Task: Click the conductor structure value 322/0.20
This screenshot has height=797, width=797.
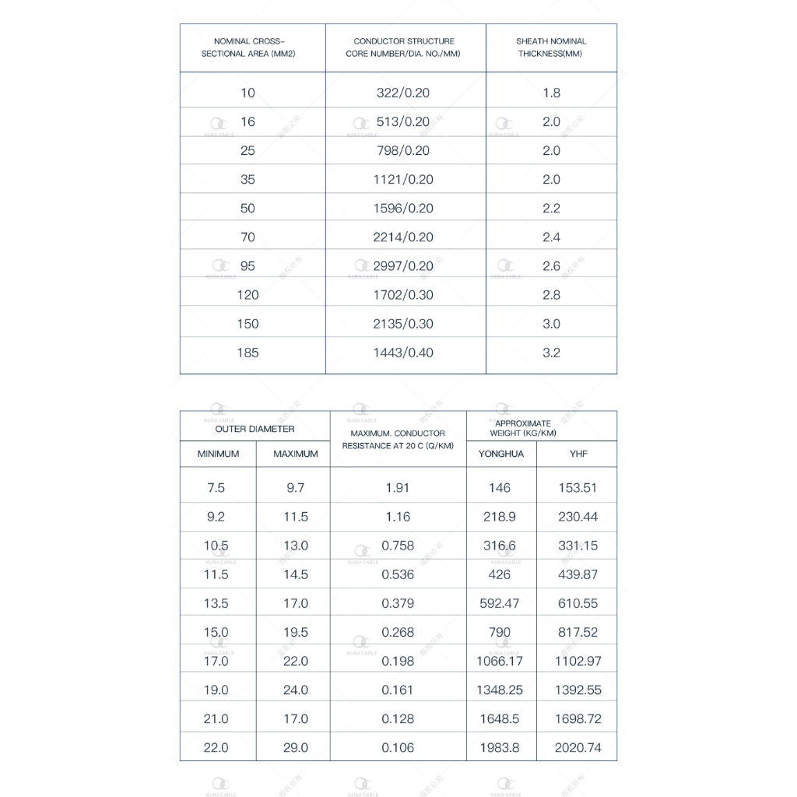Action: tap(402, 93)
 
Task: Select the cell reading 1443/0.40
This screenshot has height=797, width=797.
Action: tap(402, 353)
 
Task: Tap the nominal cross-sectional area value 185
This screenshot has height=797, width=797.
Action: tap(247, 353)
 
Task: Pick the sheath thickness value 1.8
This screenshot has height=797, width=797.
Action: tap(551, 93)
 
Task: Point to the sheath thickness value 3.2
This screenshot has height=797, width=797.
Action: tap(551, 353)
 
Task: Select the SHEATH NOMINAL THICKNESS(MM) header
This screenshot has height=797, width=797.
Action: tap(551, 47)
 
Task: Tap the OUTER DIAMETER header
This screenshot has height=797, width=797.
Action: tap(255, 429)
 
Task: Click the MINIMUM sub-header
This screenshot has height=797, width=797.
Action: tap(218, 454)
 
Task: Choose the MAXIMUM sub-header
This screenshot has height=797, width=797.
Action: tap(296, 454)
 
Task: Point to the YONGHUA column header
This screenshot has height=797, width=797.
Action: tap(501, 454)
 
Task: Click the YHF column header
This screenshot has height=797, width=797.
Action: tap(578, 454)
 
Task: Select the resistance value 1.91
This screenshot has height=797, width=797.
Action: tap(398, 488)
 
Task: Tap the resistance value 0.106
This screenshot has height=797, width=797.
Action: tap(398, 748)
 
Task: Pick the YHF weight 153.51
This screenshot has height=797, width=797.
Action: tap(578, 488)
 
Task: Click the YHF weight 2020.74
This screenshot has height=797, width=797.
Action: tap(578, 748)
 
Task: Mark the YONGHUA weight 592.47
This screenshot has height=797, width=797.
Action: tap(500, 603)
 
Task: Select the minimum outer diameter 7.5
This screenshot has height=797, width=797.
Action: tap(216, 488)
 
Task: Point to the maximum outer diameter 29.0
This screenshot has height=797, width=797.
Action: tap(296, 748)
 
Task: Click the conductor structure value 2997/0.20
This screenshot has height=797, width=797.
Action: tap(402, 266)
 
